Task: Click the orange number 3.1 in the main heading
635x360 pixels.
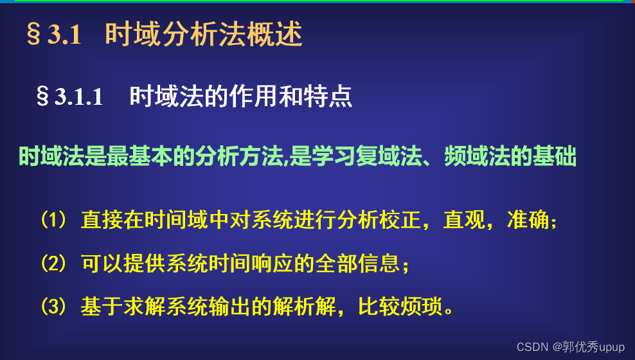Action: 64,36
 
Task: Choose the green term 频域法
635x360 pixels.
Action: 476,157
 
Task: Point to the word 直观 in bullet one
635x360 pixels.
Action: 462,221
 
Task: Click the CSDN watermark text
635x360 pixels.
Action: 571,347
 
